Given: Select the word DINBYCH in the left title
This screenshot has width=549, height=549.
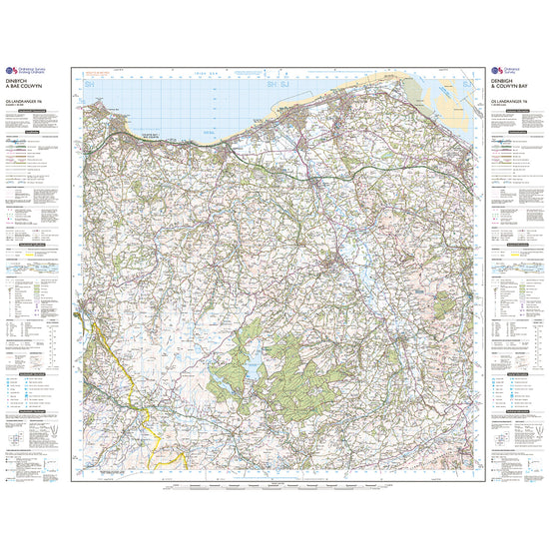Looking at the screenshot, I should [25, 84].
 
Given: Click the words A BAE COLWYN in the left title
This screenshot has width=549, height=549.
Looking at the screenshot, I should [31, 90].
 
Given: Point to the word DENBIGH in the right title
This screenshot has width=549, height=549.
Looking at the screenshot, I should [504, 84].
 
